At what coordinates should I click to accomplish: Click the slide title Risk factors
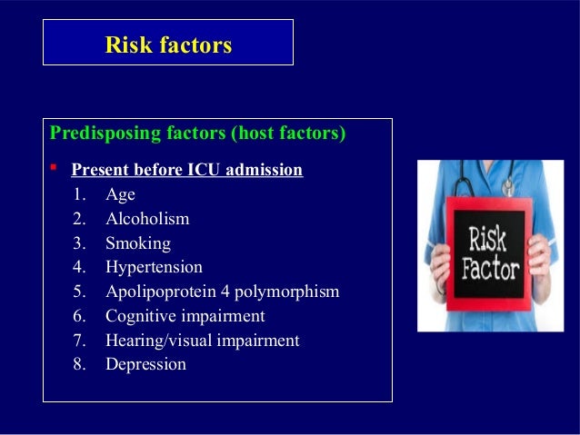coord(168,44)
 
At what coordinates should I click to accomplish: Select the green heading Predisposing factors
coord(137,134)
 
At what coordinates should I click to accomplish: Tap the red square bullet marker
coord(55,169)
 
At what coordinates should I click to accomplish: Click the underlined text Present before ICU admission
coord(186,170)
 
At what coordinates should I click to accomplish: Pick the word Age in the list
coord(120,194)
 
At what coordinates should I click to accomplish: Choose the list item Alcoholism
coord(147,219)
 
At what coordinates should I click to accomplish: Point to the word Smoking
coord(137,243)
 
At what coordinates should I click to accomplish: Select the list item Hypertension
coord(154,268)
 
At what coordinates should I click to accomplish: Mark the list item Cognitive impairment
coord(185,316)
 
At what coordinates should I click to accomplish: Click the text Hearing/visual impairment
coord(202,341)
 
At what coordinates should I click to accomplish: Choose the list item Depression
coord(145,365)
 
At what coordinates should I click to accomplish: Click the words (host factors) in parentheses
coord(288,134)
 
